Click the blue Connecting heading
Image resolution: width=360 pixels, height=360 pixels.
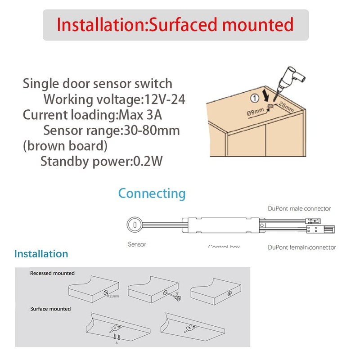[x=152, y=193]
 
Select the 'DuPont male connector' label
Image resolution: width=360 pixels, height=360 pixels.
[x=299, y=208]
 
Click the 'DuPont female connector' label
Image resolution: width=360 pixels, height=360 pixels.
[x=301, y=247]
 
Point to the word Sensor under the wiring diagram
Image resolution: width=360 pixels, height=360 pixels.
[x=137, y=244]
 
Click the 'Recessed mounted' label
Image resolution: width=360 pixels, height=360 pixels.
[x=52, y=273]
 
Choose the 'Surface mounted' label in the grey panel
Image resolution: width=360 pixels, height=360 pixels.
[x=50, y=309]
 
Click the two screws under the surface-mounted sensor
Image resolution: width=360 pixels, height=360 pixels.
[x=117, y=336]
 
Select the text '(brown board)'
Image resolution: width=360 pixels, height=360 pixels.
[x=65, y=146]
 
